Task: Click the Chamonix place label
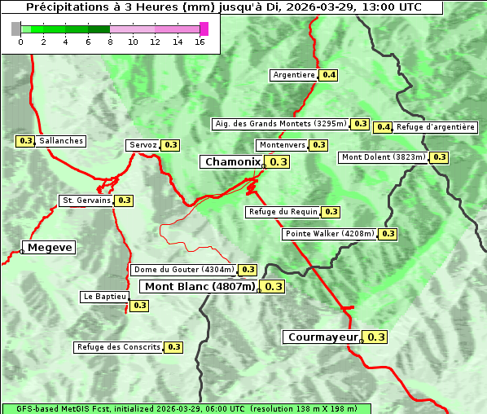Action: point(232,162)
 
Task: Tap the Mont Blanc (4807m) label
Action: point(200,287)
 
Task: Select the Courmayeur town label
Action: point(322,337)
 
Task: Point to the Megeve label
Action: point(50,248)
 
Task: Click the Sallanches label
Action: point(60,141)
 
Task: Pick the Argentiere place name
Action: point(294,75)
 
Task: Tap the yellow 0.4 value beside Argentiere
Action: point(329,75)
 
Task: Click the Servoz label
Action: point(143,145)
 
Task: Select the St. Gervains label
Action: point(86,200)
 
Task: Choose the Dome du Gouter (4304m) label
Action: point(184,270)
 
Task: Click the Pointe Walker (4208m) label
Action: point(330,234)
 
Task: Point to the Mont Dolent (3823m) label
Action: point(384,157)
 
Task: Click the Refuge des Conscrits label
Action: point(118,347)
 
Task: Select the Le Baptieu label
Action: point(104,297)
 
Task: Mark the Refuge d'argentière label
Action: point(436,127)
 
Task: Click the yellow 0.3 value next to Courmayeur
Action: point(376,337)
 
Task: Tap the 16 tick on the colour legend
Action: point(200,42)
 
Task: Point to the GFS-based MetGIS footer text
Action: point(185,408)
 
